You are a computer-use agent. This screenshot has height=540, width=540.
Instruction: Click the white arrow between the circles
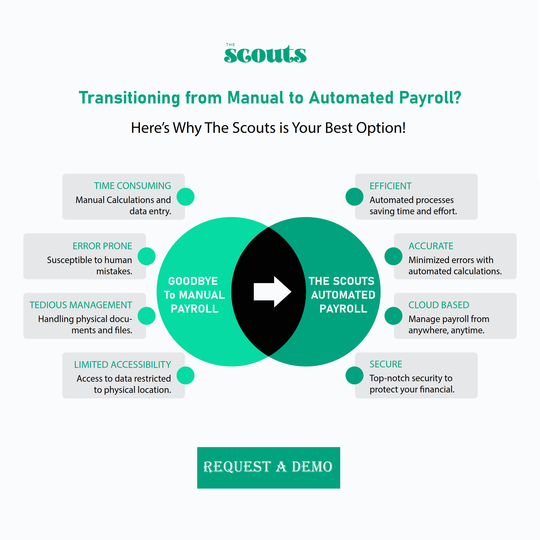[x=273, y=292]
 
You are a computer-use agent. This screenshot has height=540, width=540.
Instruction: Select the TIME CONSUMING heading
[x=132, y=186]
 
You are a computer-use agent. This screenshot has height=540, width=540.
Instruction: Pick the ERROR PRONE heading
[x=102, y=246]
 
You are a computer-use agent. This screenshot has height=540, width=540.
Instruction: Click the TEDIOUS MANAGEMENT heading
[x=81, y=305]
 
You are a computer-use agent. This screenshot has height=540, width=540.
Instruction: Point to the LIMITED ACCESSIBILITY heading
[x=122, y=364]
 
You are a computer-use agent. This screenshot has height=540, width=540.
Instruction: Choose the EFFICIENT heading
[x=391, y=186]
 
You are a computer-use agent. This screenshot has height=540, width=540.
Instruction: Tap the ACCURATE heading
[x=431, y=246]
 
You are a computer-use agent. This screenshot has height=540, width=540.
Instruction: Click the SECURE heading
[x=386, y=364]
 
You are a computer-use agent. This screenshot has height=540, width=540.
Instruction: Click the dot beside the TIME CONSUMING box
[x=186, y=197]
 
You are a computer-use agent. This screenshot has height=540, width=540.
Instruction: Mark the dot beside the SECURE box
[x=354, y=375]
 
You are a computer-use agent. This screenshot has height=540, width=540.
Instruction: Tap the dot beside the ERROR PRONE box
[x=146, y=256]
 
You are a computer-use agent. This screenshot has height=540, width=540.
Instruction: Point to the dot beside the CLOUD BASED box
[x=393, y=316]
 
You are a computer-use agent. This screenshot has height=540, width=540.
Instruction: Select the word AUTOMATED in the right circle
[x=343, y=295]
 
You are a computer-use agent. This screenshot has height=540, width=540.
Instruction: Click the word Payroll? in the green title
[x=430, y=98]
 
